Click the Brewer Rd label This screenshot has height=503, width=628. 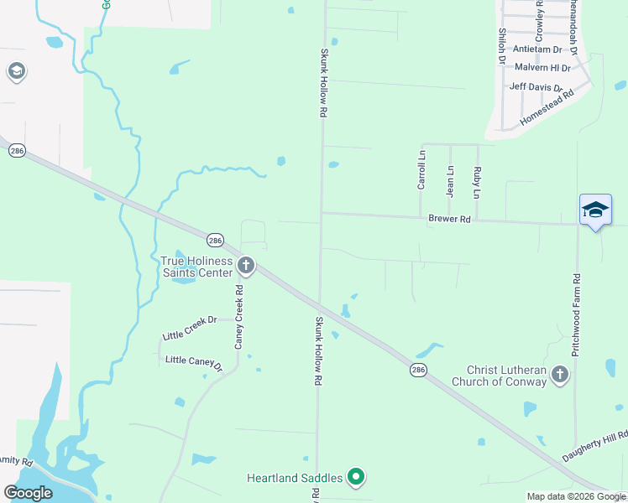tap(449, 219)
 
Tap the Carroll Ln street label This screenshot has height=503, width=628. tap(421, 169)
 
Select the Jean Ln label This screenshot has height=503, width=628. tap(450, 180)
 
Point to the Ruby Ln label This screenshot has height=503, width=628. tap(477, 182)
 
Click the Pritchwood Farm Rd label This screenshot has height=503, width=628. tap(577, 314)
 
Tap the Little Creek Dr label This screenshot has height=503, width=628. tap(190, 320)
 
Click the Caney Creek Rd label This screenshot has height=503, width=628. tap(239, 317)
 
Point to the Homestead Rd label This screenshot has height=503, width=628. tap(546, 108)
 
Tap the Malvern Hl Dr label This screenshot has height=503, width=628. tap(542, 67)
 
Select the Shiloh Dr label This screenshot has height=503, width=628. tap(501, 45)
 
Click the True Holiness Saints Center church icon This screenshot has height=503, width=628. tap(246, 267)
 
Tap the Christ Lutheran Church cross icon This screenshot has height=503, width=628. tap(560, 376)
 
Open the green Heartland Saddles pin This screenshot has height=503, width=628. tap(356, 477)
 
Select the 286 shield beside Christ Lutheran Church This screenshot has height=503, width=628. tap(417, 369)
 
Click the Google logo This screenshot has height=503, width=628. tap(29, 493)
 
